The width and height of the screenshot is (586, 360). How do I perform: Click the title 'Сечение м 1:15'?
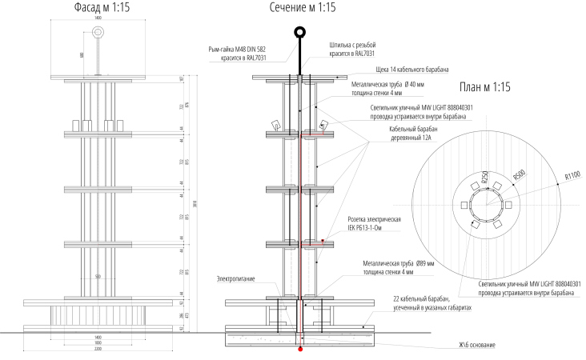(x=300, y=8)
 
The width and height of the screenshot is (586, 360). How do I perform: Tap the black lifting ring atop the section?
(x=300, y=33)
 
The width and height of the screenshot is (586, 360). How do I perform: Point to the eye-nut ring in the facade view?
(x=98, y=33)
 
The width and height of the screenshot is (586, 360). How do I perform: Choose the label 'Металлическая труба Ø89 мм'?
(x=398, y=262)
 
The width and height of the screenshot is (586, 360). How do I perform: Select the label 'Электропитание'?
(x=236, y=278)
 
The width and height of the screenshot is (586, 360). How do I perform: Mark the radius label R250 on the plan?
(x=485, y=180)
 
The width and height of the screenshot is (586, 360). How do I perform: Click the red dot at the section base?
(x=300, y=349)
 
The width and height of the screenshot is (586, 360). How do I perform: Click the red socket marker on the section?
(x=323, y=240)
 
